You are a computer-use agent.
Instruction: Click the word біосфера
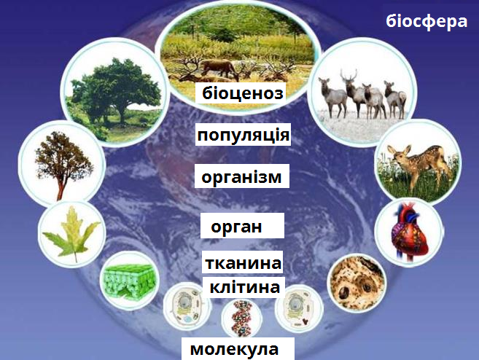point(427,22)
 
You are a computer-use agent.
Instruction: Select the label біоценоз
point(243,93)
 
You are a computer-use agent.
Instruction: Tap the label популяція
point(244,135)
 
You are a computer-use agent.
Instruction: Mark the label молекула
point(234,349)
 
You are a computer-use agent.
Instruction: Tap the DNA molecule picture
point(242,320)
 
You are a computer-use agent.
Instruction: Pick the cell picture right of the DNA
point(297,308)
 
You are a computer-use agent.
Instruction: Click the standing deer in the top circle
point(219,68)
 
